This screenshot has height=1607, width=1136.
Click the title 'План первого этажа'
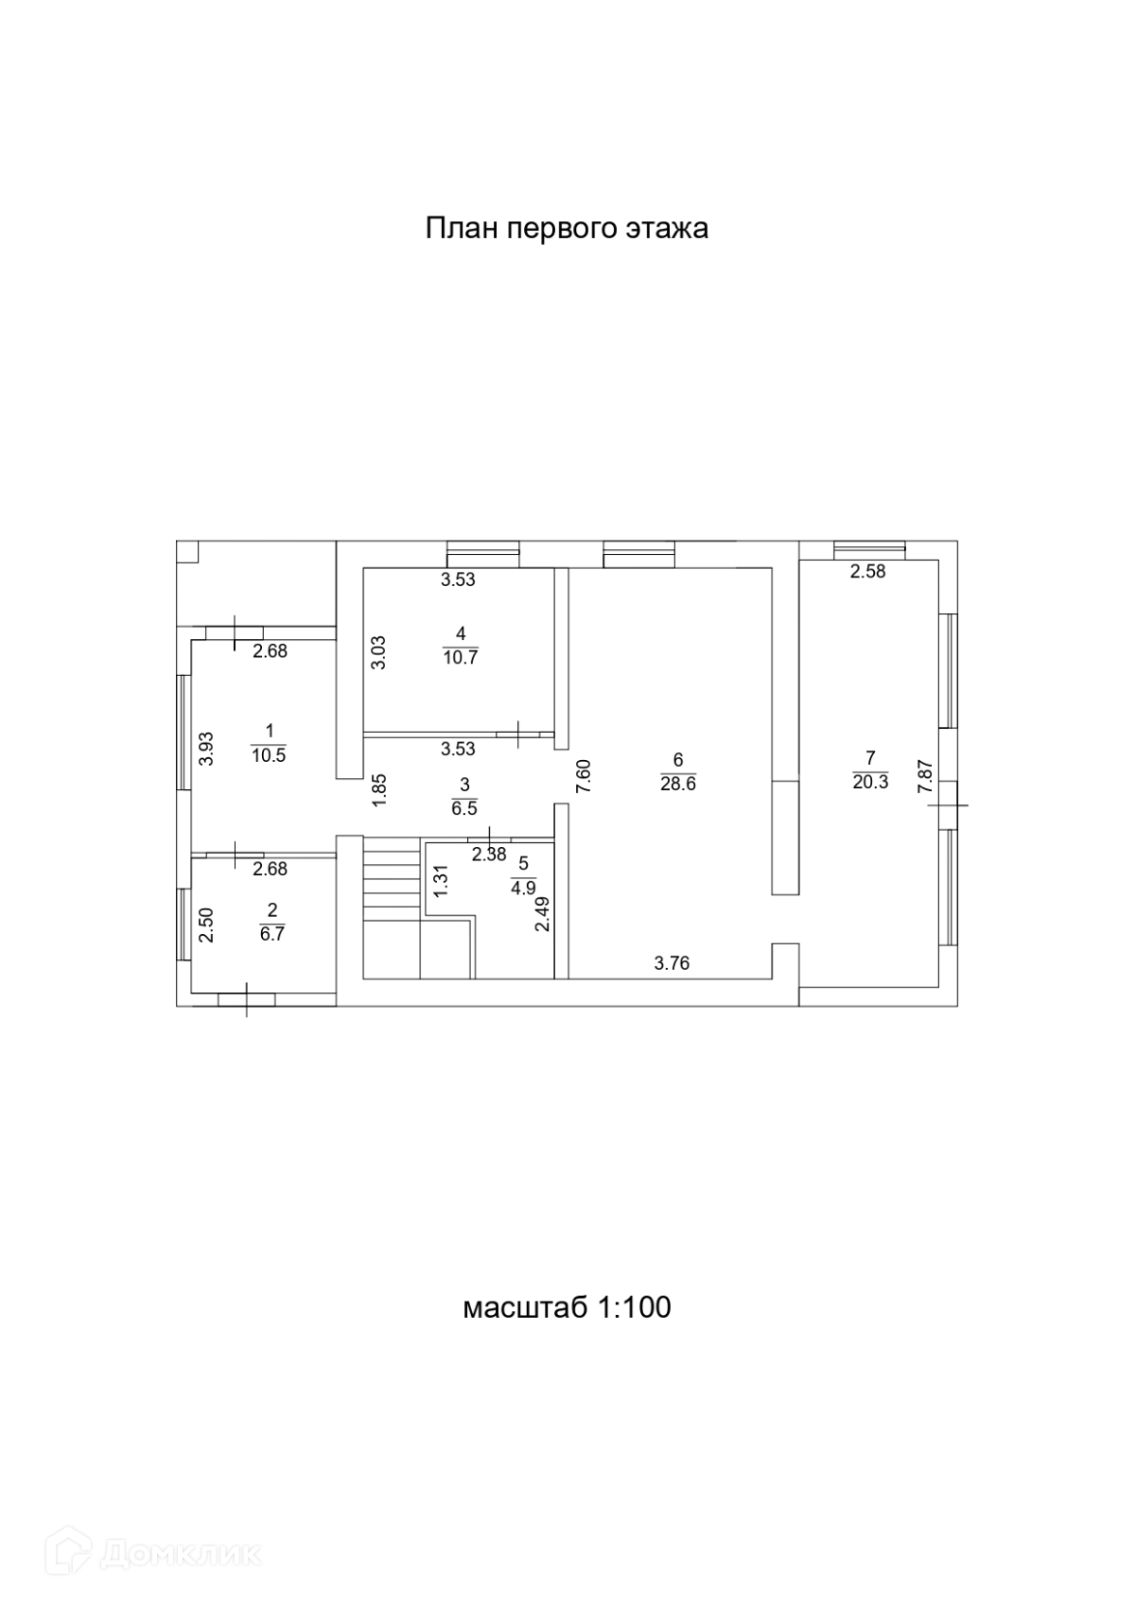tap(567, 229)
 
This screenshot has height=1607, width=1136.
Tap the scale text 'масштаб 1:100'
tap(567, 1307)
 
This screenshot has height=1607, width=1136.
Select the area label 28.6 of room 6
tap(678, 784)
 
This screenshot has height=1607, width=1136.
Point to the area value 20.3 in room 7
tap(870, 782)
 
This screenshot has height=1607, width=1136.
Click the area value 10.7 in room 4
tap(460, 657)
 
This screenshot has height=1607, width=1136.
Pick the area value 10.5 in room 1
tap(269, 754)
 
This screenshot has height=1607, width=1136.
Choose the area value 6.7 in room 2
tap(271, 934)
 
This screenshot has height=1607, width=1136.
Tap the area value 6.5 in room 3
tap(463, 808)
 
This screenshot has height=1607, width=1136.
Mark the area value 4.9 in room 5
tap(523, 888)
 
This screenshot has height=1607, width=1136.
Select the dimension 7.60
tap(584, 776)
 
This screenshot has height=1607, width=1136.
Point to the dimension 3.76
tap(672, 963)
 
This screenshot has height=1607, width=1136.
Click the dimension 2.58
tap(867, 571)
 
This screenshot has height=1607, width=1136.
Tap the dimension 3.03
tap(377, 652)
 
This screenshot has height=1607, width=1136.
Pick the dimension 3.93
tap(205, 749)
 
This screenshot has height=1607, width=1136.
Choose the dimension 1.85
tap(378, 790)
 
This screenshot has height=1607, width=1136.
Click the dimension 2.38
tap(489, 855)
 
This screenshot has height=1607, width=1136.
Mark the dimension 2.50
tap(205, 925)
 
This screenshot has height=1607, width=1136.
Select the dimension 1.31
tap(439, 881)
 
